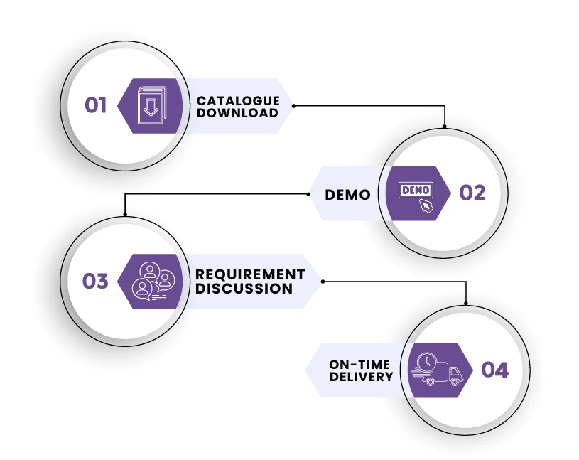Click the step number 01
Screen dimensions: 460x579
96,106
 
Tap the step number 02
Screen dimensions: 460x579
472,193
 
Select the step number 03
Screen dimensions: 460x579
94,282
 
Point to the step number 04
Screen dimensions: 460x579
494,370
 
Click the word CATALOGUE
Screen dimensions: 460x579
238,101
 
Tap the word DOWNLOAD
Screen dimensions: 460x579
237,113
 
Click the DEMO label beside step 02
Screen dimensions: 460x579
347,194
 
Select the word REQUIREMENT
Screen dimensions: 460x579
250,274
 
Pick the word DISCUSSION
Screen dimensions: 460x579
244,289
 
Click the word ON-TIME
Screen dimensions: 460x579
359,365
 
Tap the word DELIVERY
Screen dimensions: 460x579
361,377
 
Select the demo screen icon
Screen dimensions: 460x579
415,191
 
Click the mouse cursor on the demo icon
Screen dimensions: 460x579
426,206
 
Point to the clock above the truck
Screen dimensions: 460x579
427,361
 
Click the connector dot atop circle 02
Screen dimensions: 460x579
445,127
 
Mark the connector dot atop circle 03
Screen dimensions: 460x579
124,215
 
